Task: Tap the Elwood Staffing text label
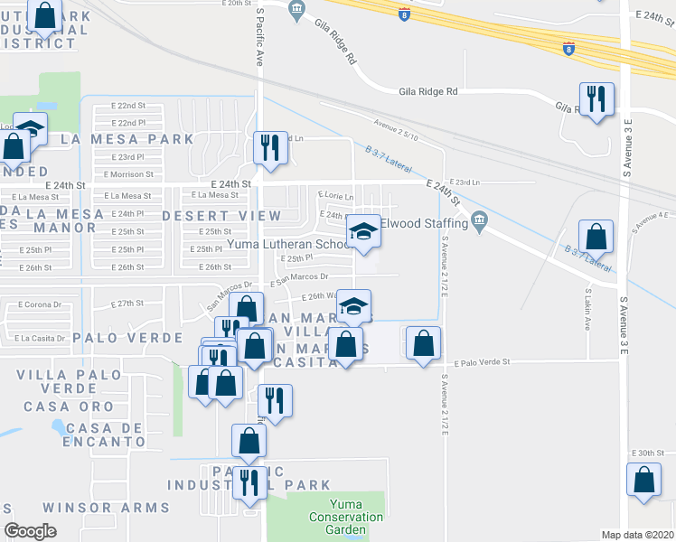pos(424,222)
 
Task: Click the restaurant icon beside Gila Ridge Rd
pos(596,98)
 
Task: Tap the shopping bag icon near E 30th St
pos(644,481)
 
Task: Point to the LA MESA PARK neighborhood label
pos(127,139)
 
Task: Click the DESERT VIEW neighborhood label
pos(221,216)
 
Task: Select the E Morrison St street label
pos(124,173)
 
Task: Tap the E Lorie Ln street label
pos(333,193)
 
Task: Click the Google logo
pos(30,531)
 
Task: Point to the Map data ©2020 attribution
pos(637,535)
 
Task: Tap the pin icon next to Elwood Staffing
pos(480,220)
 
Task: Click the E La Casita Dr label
pos(39,338)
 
